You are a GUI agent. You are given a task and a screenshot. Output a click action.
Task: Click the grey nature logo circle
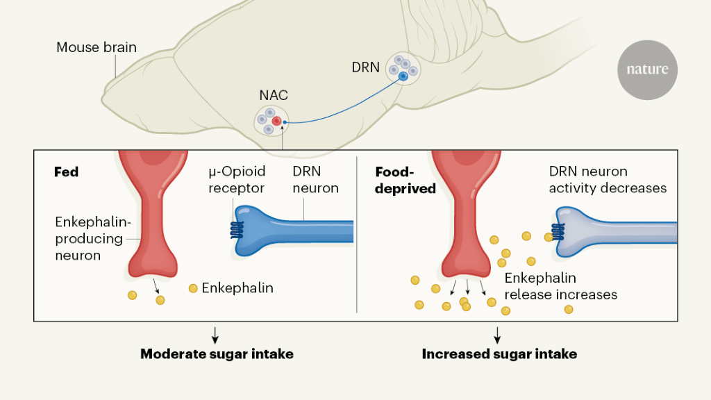647,69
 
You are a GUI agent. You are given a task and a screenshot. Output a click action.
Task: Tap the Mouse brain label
97,48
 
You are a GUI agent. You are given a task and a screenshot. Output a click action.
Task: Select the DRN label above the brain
365,68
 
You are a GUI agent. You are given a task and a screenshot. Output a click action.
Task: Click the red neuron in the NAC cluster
276,122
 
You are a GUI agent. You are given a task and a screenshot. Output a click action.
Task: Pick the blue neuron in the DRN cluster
403,76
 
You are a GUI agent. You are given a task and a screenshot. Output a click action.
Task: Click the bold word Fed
66,172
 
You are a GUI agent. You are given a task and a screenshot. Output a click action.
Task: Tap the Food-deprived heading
405,180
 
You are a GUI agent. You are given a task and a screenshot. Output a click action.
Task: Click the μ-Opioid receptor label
237,180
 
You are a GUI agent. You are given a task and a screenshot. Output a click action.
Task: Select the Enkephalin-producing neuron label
89,238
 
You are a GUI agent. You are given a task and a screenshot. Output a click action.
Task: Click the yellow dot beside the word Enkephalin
193,287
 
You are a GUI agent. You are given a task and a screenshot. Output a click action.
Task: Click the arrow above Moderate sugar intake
215,335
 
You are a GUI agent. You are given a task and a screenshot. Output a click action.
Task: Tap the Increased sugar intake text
499,354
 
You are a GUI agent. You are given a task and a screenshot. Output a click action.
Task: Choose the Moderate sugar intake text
217,354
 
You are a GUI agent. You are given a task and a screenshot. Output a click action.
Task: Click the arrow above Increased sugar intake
497,335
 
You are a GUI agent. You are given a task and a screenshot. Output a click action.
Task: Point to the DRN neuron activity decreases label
608,179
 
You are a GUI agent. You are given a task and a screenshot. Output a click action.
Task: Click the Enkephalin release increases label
560,286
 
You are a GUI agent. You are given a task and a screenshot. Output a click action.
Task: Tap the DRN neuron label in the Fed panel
315,180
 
